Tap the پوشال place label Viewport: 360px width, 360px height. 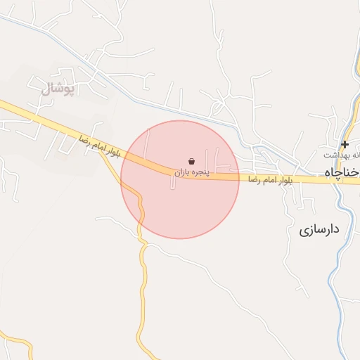tap(53, 89)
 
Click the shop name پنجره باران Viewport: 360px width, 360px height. tap(192, 171)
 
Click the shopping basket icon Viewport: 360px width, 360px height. tap(192, 161)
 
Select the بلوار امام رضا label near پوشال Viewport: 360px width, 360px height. tap(99, 146)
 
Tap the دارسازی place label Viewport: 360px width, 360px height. tap(319, 229)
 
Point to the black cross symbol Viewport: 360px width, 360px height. tap(345, 144)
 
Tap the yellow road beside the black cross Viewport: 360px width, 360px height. tap(349, 134)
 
